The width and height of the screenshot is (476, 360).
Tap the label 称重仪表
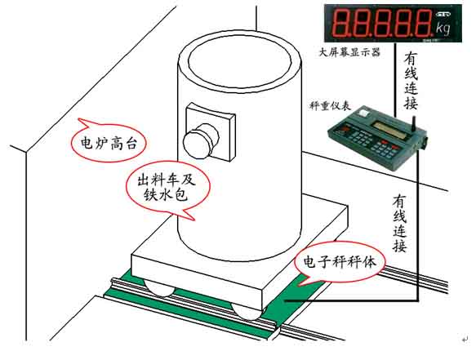pos(327,105)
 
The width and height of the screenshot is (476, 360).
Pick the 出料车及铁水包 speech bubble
pos(167,185)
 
